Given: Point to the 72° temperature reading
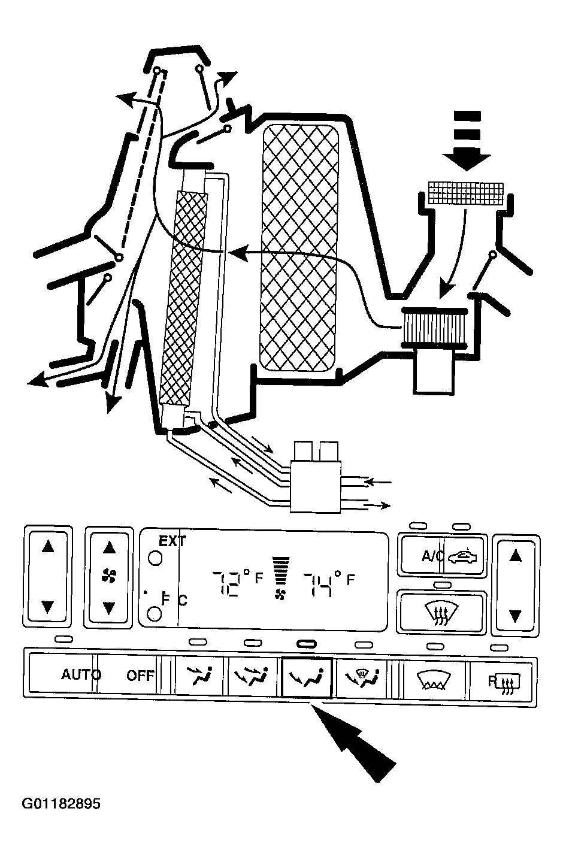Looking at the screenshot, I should pyautogui.click(x=230, y=583).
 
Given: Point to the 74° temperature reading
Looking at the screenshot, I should pyautogui.click(x=321, y=583).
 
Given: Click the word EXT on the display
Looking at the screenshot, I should pyautogui.click(x=172, y=541).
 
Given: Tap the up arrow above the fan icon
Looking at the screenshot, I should pyautogui.click(x=108, y=547).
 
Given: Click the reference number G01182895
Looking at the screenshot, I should pyautogui.click(x=60, y=803).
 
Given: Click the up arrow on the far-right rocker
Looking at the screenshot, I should pyautogui.click(x=515, y=555).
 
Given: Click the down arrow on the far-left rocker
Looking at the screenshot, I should pyautogui.click(x=48, y=607).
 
